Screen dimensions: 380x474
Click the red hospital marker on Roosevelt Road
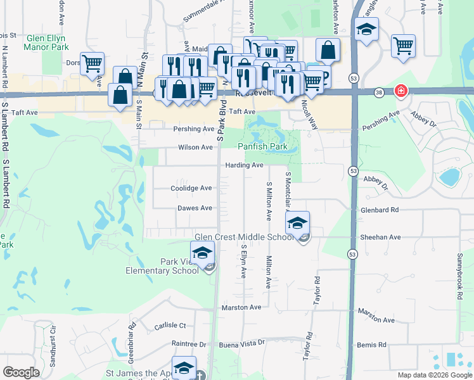[400, 91]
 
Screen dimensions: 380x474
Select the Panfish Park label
[262, 146]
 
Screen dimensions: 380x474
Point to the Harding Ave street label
[244, 165]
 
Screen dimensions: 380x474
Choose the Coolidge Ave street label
[191, 188]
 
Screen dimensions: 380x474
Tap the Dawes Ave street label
[195, 208]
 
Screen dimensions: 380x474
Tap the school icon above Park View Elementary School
[202, 253]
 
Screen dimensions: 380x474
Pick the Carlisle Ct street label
[170, 326]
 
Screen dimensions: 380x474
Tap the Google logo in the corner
[21, 372]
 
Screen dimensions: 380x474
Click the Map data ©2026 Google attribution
[435, 375]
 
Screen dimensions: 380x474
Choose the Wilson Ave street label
[195, 147]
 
